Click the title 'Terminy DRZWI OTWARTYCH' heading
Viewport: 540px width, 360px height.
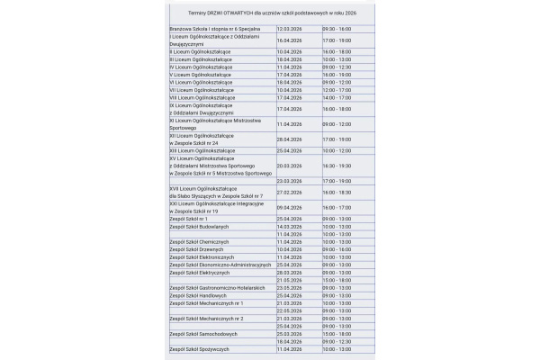271,13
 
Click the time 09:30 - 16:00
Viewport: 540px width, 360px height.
337,29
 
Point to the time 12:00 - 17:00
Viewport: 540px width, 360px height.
337,90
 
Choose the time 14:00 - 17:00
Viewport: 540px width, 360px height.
337,97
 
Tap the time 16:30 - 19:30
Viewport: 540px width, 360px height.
337,166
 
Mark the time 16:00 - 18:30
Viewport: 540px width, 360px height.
337,192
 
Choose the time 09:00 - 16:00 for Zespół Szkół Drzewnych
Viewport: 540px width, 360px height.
337,249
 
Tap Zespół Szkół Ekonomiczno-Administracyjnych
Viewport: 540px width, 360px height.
220,265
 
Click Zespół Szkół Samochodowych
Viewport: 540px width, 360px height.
203,333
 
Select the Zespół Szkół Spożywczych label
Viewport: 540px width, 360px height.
200,348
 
